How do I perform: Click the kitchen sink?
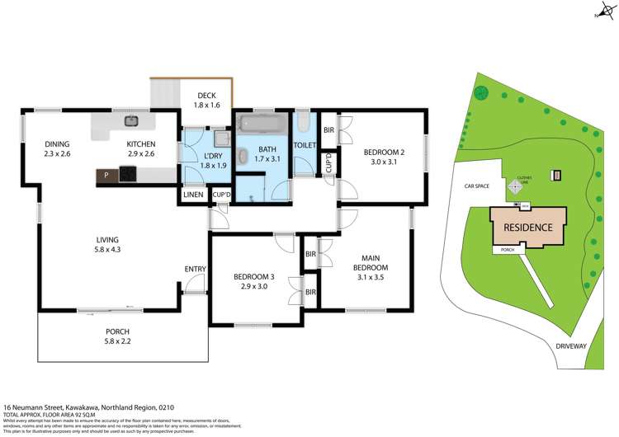pos(130,121)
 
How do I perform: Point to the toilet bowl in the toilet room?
pos(302,126)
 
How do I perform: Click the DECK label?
pos(206,96)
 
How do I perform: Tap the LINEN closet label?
pos(194,195)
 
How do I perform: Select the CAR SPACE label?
pos(476,186)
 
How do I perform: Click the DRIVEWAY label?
pos(569,346)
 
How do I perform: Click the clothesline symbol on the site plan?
pos(517,187)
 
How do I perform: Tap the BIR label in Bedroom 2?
pos(328,130)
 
